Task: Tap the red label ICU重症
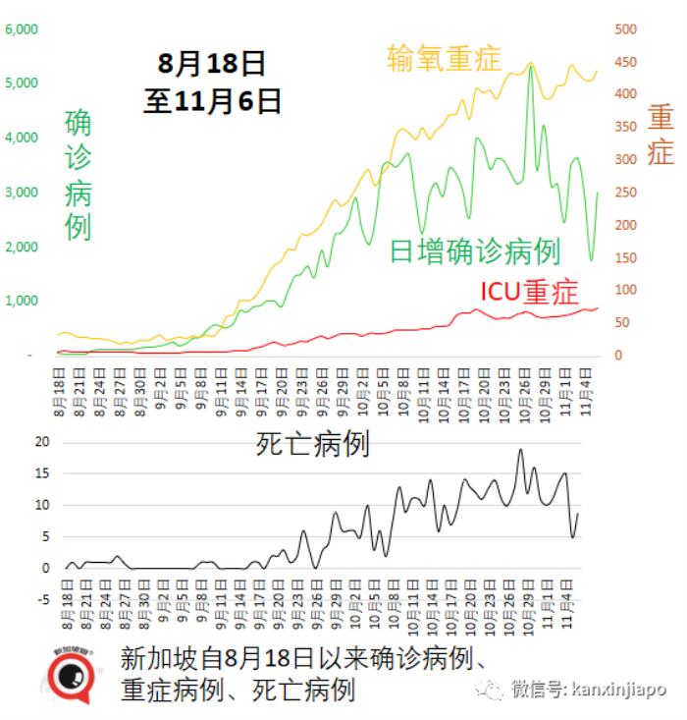tap(529, 292)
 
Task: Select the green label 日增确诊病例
tap(475, 250)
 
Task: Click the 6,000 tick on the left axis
tap(22, 29)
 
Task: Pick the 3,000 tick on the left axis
tap(22, 193)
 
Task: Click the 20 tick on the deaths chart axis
tap(41, 443)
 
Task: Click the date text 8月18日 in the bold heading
tap(213, 65)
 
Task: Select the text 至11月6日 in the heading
tap(213, 101)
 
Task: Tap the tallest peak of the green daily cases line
tap(530, 67)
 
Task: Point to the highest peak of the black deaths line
tap(520, 450)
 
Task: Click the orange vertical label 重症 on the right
tap(661, 135)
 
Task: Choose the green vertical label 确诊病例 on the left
tap(78, 175)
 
